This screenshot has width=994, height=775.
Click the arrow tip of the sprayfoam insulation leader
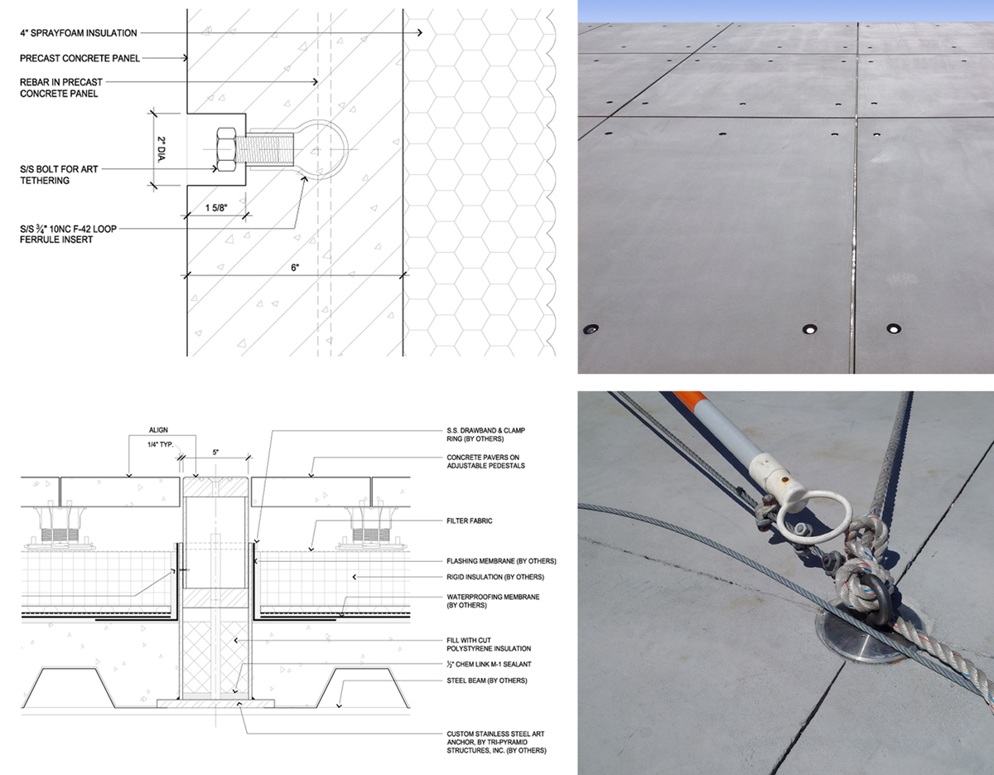[x=422, y=32]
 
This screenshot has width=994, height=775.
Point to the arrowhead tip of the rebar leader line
[x=317, y=82]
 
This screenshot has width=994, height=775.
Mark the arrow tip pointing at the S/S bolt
[x=217, y=169]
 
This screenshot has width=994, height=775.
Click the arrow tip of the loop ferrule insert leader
[x=306, y=177]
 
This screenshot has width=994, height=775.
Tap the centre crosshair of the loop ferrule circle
[x=316, y=149]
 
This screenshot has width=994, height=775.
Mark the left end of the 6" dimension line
[x=186, y=275]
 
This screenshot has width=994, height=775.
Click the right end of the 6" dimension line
[x=403, y=275]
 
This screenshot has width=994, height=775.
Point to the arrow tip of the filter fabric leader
[x=311, y=550]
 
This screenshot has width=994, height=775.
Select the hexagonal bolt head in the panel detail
[x=225, y=150]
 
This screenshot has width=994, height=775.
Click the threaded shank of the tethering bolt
[x=264, y=149]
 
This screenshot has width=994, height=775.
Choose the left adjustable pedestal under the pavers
[x=58, y=527]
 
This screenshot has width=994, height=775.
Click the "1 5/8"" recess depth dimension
[x=216, y=208]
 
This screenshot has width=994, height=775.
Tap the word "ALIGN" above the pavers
[x=158, y=430]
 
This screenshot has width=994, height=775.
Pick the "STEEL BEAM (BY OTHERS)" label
[x=487, y=681]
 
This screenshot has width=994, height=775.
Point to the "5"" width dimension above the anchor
[x=215, y=453]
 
